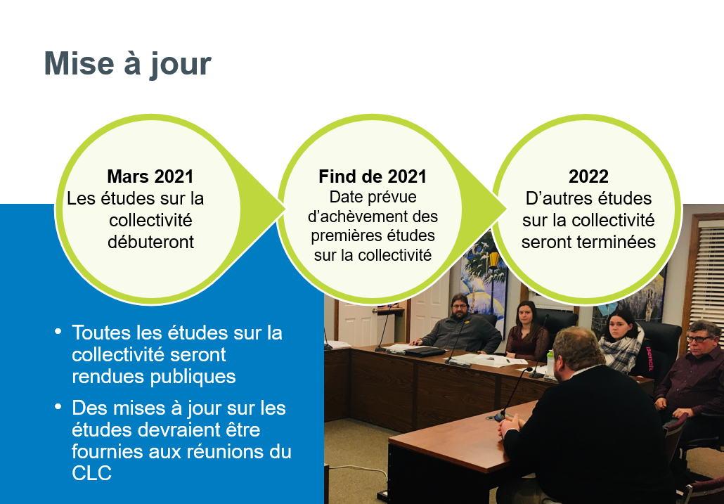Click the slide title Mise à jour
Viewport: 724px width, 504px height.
click(127, 64)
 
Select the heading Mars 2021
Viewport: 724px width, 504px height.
click(150, 176)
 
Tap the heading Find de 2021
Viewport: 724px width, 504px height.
click(373, 176)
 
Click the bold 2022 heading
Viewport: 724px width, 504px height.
click(588, 176)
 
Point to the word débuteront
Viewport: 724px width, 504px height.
click(150, 242)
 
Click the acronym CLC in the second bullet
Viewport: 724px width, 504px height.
click(91, 474)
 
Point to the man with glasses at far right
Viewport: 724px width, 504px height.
click(698, 366)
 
